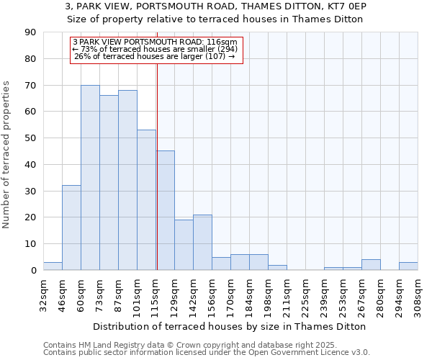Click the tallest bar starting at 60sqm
pyautogui.click(x=90, y=178)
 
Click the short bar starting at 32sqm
pyautogui.click(x=53, y=266)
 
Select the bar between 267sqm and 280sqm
pyautogui.click(x=371, y=265)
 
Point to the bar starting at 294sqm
pyautogui.click(x=408, y=266)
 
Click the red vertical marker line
pyautogui.click(x=157, y=166)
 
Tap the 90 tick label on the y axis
pyautogui.click(x=30, y=32)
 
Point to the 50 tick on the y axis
pyautogui.click(x=30, y=138)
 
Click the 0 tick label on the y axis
pyautogui.click(x=33, y=271)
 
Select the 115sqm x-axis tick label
pyautogui.click(x=156, y=293)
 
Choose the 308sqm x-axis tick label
pyautogui.click(x=418, y=293)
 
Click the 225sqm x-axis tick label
pyautogui.click(x=306, y=293)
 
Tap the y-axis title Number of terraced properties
pyautogui.click(x=6, y=155)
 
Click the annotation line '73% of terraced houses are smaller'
pyautogui.click(x=155, y=49)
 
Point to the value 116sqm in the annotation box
pyautogui.click(x=223, y=42)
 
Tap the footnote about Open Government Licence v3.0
pyautogui.click(x=206, y=353)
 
